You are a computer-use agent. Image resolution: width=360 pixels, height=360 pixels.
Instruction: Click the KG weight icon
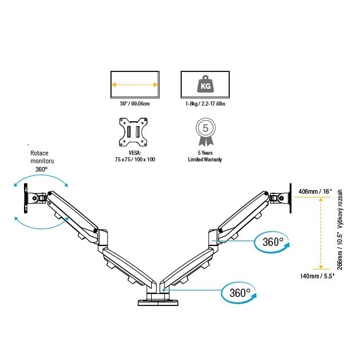tap(205, 84)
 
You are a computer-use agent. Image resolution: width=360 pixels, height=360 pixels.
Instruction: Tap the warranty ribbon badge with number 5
tap(205, 132)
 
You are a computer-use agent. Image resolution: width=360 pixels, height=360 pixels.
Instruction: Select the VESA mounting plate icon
tap(133, 132)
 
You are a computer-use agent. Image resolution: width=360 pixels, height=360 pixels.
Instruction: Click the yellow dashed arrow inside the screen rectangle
tap(134, 85)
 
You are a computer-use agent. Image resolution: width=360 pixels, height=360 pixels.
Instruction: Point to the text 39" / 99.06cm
tap(134, 104)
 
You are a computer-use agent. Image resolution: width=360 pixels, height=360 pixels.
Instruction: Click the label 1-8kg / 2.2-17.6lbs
tap(205, 104)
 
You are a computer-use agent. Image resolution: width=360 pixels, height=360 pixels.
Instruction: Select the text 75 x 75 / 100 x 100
tap(135, 160)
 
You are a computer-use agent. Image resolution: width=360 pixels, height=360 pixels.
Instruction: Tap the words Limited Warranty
tap(205, 160)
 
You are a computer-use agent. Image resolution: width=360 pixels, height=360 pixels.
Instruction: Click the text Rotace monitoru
tap(42, 157)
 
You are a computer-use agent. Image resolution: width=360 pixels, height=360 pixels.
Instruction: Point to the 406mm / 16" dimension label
tap(315, 191)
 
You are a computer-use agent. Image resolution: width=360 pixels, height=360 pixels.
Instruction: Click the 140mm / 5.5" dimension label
tap(317, 276)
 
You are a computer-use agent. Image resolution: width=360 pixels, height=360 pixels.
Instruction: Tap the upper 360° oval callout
tap(272, 242)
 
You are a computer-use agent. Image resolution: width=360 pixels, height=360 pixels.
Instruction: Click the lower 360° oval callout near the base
tap(239, 293)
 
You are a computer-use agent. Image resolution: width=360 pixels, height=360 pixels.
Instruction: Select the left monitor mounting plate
tap(25, 198)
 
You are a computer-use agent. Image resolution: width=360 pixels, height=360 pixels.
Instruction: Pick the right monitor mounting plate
tap(290, 198)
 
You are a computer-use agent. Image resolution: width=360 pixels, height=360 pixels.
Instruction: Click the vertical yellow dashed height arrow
tap(321, 233)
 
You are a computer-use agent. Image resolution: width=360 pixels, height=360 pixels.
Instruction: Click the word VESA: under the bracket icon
tap(135, 152)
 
